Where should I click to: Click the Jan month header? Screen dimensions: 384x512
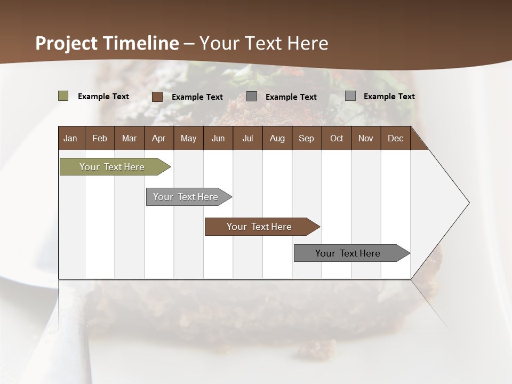(x=70, y=138)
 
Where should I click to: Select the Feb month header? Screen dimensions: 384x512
(x=100, y=138)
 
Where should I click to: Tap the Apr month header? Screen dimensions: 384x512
(x=158, y=138)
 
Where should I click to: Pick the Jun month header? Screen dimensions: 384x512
(x=218, y=138)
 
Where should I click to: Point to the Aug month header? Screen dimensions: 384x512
(x=277, y=138)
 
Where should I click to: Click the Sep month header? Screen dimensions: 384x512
(x=306, y=138)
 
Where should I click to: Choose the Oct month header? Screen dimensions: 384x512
(x=337, y=138)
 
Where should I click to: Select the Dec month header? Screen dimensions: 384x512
(x=395, y=138)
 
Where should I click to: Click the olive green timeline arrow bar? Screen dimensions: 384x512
(x=112, y=167)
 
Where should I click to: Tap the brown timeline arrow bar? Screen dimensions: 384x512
(x=259, y=227)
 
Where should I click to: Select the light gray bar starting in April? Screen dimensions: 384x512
(x=186, y=197)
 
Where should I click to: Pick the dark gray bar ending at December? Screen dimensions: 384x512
(x=348, y=253)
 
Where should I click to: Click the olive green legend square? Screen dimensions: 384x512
(x=63, y=96)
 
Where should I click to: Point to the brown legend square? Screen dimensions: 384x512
(x=157, y=97)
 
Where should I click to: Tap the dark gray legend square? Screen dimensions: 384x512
(x=252, y=97)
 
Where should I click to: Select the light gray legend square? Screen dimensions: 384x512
(x=350, y=96)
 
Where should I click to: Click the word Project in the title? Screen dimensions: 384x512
(x=67, y=43)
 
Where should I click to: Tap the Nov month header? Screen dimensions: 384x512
(x=366, y=138)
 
